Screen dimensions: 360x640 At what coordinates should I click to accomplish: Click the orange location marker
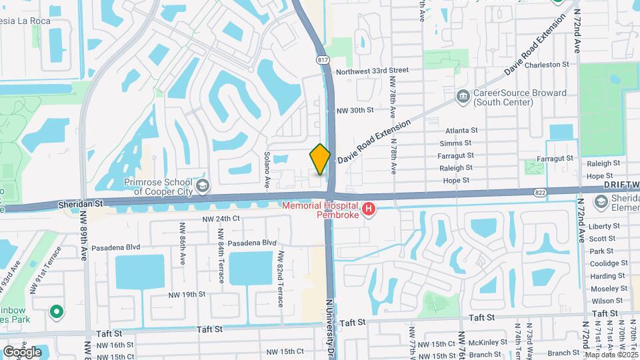coord(320,159)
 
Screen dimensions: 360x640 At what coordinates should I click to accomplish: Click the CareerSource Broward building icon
coord(463,97)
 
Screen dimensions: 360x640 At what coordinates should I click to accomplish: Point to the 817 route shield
coord(324,60)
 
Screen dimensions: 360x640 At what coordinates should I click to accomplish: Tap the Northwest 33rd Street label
coord(372,70)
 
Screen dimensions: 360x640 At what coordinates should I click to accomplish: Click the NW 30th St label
coord(355,110)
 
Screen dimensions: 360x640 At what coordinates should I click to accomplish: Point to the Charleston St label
coord(547,65)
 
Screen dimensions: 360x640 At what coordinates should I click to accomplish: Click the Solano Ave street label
coord(267,169)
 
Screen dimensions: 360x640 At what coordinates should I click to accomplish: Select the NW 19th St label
coord(187,294)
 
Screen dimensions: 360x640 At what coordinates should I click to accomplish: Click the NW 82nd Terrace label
coord(281,279)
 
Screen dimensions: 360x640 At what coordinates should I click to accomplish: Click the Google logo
coord(22,351)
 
